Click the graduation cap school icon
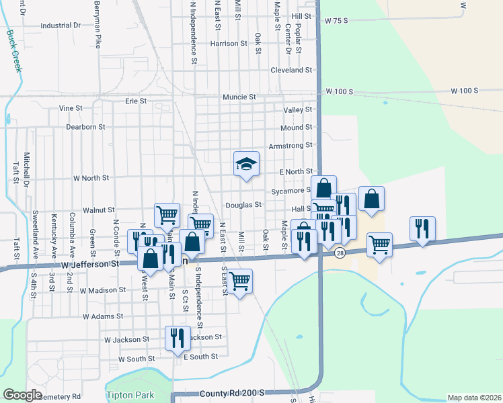(246, 163)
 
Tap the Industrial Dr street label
(61, 26)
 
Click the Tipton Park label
(130, 395)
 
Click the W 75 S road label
(336, 21)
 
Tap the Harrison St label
(229, 44)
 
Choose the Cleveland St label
(291, 70)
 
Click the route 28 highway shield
(340, 253)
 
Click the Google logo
(23, 395)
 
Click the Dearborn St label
(85, 126)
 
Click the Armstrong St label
(291, 145)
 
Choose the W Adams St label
(103, 316)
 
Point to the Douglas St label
(243, 205)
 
